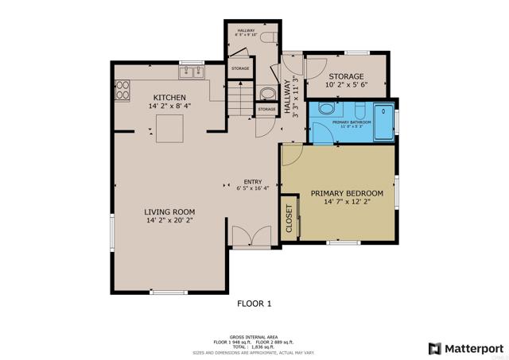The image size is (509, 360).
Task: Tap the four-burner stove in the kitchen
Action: [x=123, y=92]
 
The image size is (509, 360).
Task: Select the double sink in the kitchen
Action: [x=191, y=73]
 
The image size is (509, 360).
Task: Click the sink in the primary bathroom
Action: [x=326, y=110]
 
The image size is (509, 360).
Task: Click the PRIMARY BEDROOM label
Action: [x=347, y=193]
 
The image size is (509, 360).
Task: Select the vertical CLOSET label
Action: [x=289, y=218]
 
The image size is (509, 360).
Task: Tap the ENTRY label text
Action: [x=253, y=180]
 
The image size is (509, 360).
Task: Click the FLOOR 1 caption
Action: [x=254, y=303]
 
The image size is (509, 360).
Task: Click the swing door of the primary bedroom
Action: [x=289, y=154]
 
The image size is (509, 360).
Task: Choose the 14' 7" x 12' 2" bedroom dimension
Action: [x=347, y=202]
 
